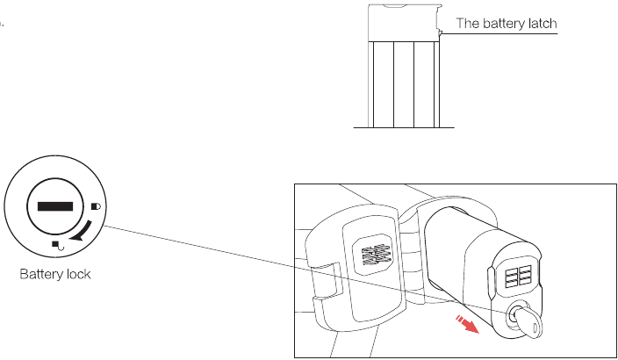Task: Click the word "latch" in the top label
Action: (x=541, y=23)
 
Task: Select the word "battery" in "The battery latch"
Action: (x=501, y=24)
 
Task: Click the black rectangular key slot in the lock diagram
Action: (x=55, y=206)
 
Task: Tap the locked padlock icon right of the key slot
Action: (x=96, y=206)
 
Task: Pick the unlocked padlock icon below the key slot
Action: (x=58, y=245)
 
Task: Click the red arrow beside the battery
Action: (x=467, y=324)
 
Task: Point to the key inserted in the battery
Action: (x=526, y=319)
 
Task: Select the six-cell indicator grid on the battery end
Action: (x=518, y=276)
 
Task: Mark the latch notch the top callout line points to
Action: (x=440, y=33)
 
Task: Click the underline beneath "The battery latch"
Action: (x=499, y=33)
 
